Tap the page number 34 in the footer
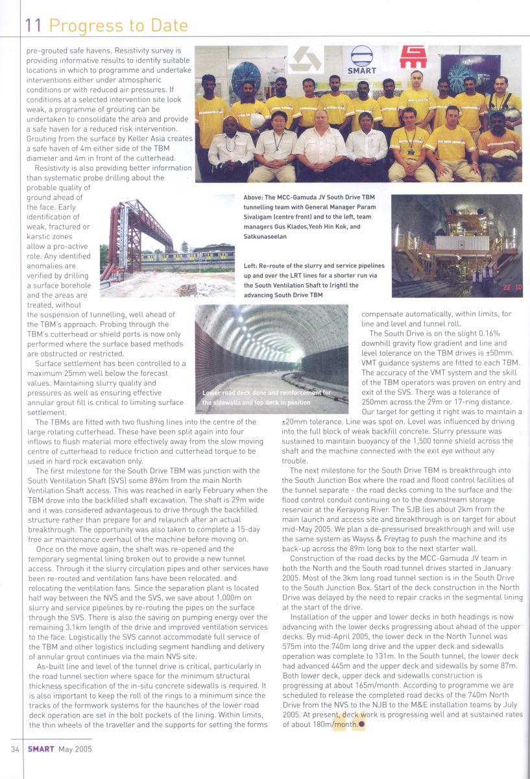point(15,748)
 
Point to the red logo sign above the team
point(413,57)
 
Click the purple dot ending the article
point(362,725)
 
